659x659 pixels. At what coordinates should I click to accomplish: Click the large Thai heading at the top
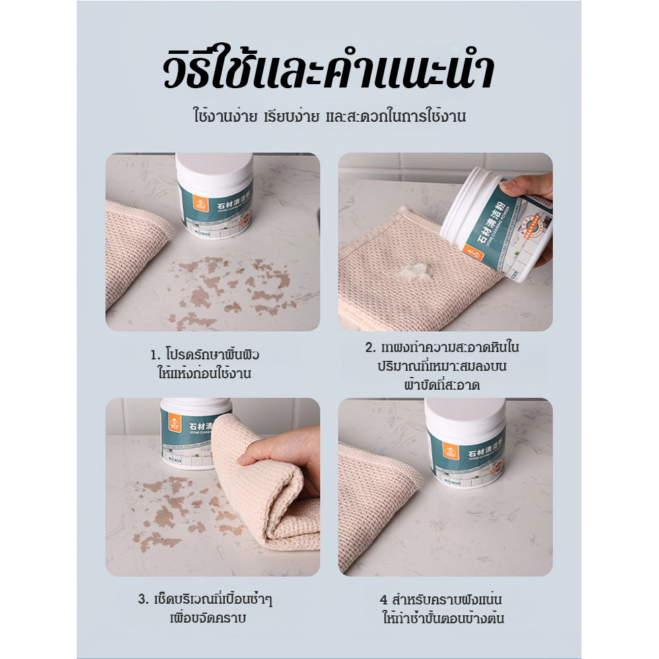point(328,71)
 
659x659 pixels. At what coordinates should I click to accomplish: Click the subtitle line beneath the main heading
point(328,116)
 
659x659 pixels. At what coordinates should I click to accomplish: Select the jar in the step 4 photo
point(465,444)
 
